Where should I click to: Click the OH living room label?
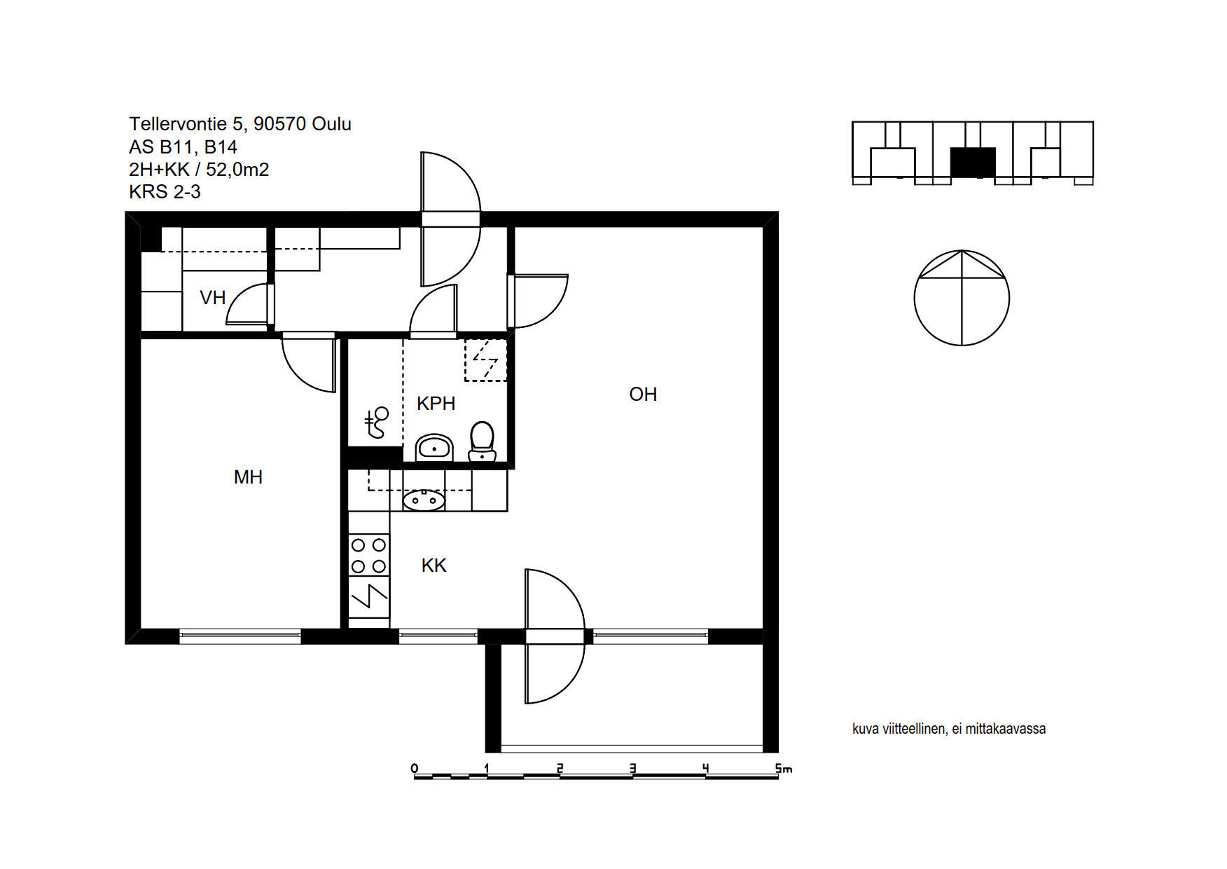[643, 395]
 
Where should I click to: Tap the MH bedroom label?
[248, 477]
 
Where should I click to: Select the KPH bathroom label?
[436, 404]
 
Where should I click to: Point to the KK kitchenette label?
[434, 566]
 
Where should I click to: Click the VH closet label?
[212, 298]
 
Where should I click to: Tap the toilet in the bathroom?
[482, 442]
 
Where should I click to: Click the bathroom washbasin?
[434, 448]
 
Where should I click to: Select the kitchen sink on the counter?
[424, 500]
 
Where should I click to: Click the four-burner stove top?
[369, 555]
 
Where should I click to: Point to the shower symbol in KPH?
[376, 423]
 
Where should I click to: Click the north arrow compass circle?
[962, 298]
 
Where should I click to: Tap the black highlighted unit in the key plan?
[973, 163]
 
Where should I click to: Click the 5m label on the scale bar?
[784, 769]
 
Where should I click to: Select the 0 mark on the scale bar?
[415, 769]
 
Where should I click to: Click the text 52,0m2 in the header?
[237, 170]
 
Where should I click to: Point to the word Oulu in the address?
[331, 124]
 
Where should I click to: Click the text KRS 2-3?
[165, 192]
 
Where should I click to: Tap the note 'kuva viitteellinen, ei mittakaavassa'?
[949, 729]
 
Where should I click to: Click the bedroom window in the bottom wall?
[240, 636]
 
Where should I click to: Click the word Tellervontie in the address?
[178, 124]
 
